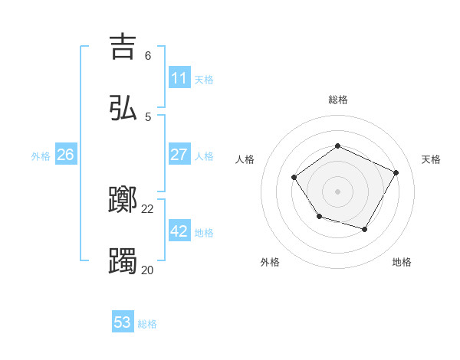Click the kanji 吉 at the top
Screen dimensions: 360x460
pyautogui.click(x=123, y=47)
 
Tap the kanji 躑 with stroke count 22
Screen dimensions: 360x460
pyautogui.click(x=123, y=200)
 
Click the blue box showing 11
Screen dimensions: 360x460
pyautogui.click(x=179, y=78)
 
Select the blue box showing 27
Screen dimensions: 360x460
pyautogui.click(x=179, y=155)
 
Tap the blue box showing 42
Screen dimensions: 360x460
pyautogui.click(x=179, y=231)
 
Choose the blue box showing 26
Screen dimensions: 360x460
pyautogui.click(x=65, y=155)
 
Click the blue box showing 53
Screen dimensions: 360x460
pyautogui.click(x=123, y=322)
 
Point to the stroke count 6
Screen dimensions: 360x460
pyautogui.click(x=147, y=56)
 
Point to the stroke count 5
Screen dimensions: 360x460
pyautogui.click(x=147, y=117)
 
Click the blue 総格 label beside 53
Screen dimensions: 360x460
pyautogui.click(x=147, y=324)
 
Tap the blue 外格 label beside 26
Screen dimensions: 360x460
pyautogui.click(x=41, y=156)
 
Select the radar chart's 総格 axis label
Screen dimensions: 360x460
pyautogui.click(x=337, y=100)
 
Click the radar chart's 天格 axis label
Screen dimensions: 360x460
pyautogui.click(x=431, y=159)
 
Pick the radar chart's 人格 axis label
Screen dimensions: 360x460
pyautogui.click(x=245, y=159)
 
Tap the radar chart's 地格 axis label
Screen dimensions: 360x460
pyautogui.click(x=402, y=262)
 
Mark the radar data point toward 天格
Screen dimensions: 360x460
pyautogui.click(x=396, y=172)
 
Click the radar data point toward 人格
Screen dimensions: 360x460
pyautogui.click(x=294, y=178)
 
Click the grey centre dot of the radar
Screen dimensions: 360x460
pyautogui.click(x=337, y=191)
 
